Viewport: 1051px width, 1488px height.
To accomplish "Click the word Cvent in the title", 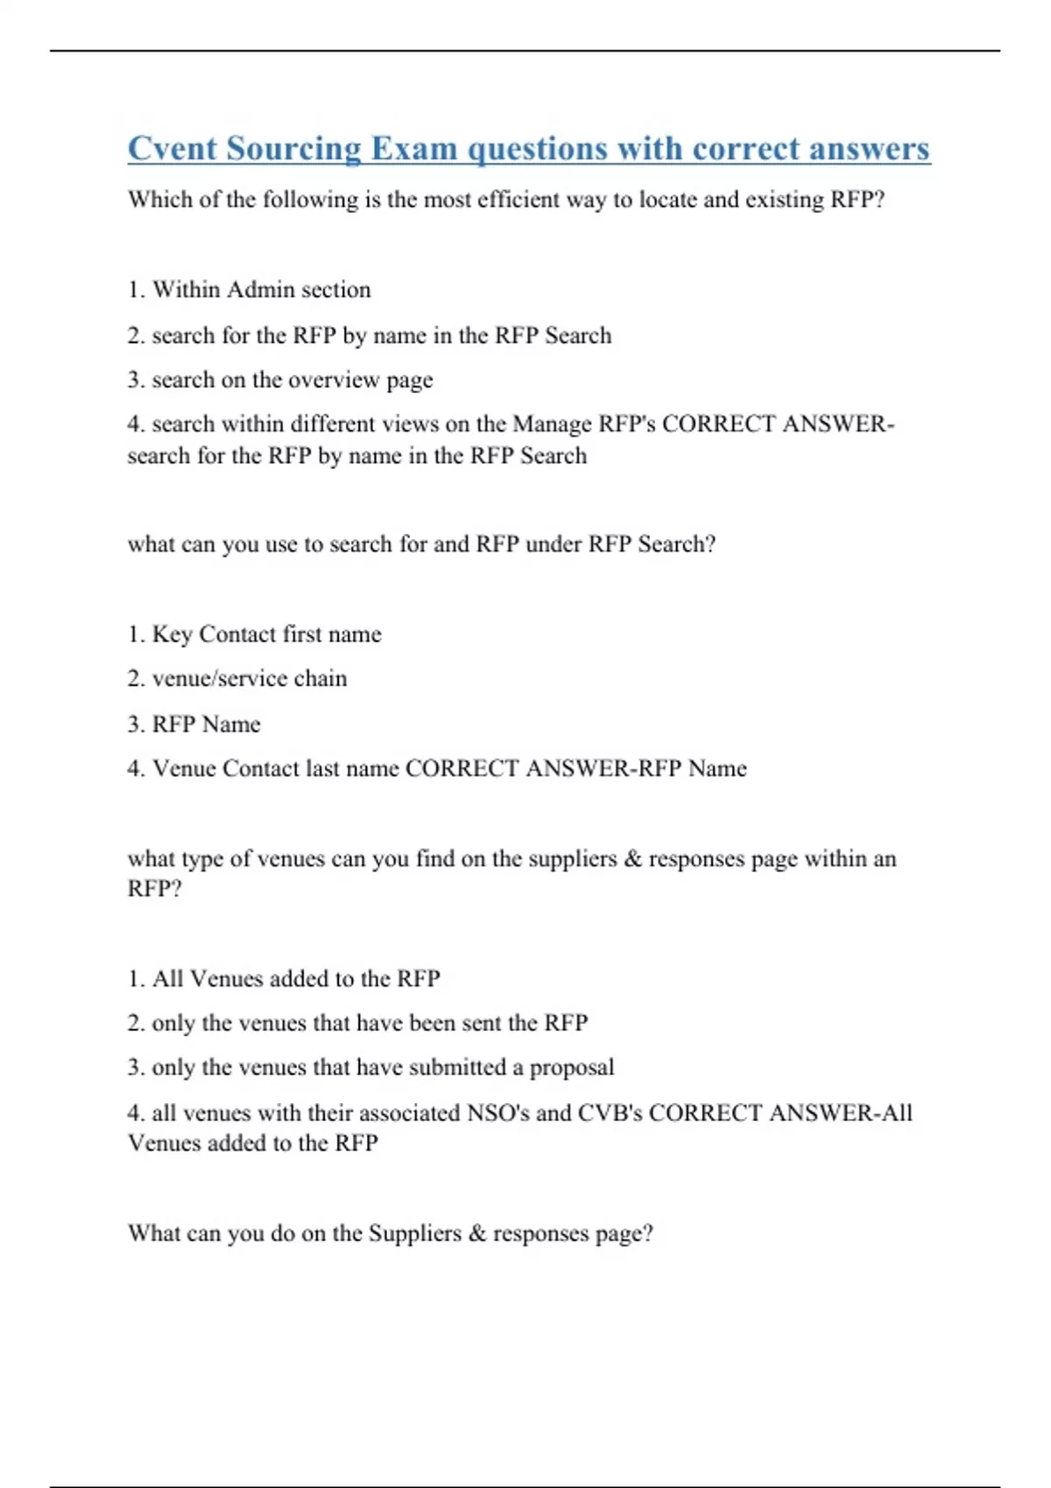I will click(172, 149).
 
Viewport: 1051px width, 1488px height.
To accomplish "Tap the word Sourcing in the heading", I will click(293, 149).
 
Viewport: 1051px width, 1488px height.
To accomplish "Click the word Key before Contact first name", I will click(173, 635).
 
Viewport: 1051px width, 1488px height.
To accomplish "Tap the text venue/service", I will click(219, 678).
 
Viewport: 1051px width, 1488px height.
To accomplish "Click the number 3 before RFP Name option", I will click(135, 725).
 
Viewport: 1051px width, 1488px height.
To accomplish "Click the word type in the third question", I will click(200, 860).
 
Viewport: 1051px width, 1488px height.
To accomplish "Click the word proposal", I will click(572, 1068).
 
